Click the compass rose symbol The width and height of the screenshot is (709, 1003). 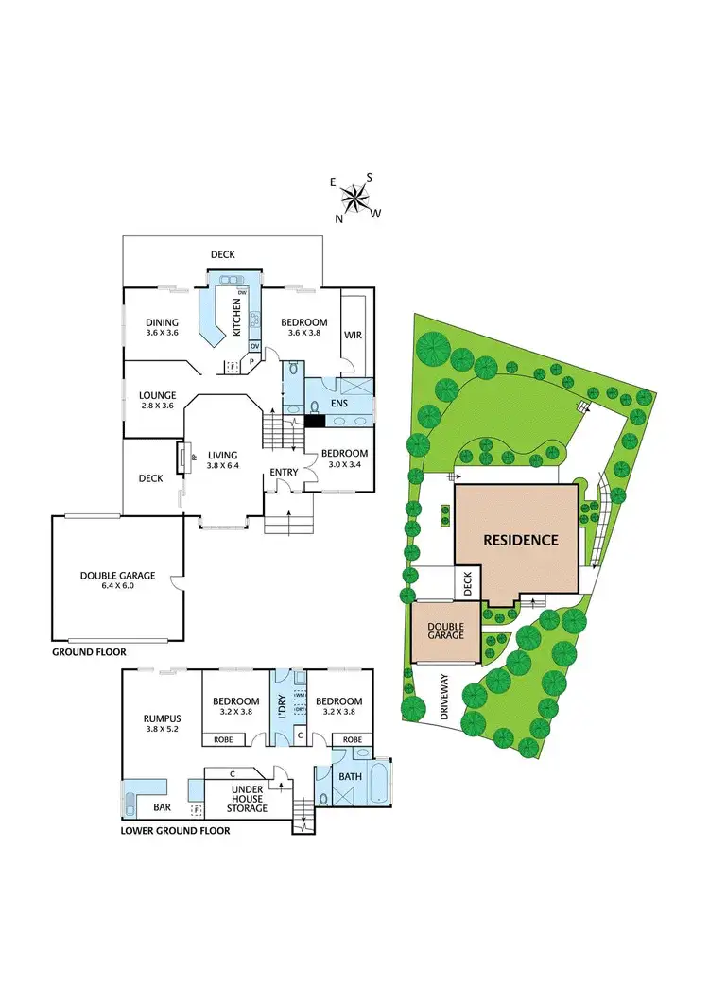(x=355, y=199)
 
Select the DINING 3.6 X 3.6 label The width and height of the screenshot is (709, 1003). (x=162, y=328)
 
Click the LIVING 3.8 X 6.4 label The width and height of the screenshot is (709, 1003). (x=224, y=460)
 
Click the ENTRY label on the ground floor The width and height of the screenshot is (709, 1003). (x=284, y=473)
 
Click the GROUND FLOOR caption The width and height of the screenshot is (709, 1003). (x=89, y=652)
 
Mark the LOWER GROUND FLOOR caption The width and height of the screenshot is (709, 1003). (x=175, y=832)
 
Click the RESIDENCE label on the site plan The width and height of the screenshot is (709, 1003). (x=520, y=542)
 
